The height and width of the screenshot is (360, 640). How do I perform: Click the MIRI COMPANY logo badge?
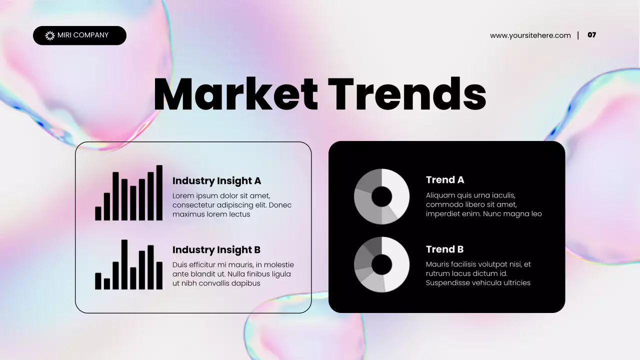coord(80,35)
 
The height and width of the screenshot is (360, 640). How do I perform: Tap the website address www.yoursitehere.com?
coord(530,35)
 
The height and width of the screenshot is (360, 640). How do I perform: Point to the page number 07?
coord(591,35)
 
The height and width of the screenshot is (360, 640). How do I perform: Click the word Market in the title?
coord(235,95)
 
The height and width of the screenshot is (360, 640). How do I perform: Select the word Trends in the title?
coord(407,95)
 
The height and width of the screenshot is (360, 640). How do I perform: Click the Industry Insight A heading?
coord(216,181)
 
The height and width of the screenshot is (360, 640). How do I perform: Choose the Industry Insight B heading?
coord(216,250)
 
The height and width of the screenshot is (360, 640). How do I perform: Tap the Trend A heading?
coord(445,180)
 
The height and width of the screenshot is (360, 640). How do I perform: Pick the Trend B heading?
coord(444,249)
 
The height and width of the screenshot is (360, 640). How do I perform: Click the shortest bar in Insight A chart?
coord(98,213)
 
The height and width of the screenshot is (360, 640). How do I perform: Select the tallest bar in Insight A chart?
coord(159,193)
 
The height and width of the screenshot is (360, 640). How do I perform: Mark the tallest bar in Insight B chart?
coord(124,264)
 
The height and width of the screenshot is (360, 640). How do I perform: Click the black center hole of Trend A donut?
coord(381,196)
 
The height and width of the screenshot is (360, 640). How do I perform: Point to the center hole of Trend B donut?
coord(381,264)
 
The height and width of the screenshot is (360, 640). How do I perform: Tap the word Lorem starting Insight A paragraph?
coord(182,195)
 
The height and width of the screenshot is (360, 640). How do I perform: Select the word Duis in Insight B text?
coord(180,264)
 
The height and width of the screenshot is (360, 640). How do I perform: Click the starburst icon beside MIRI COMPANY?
coord(49,35)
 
